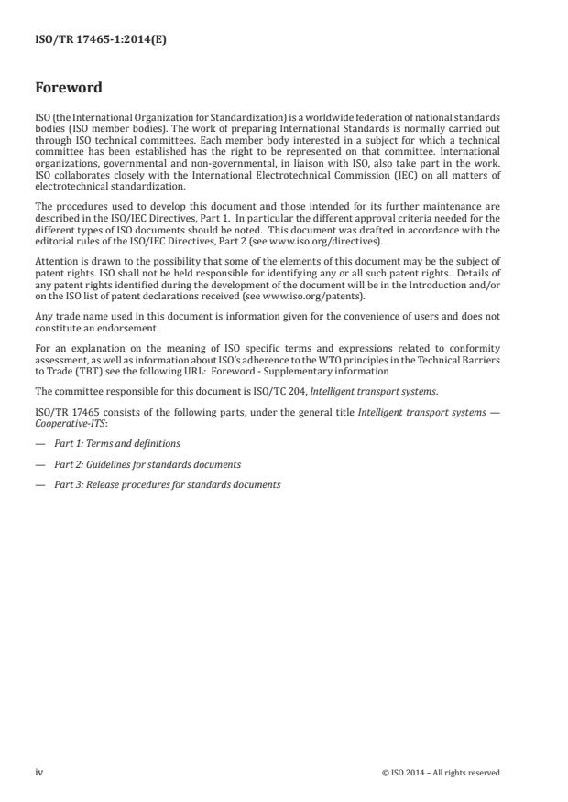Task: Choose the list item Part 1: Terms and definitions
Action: pyautogui.click(x=116, y=444)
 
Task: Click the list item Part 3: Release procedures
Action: pyautogui.click(x=167, y=484)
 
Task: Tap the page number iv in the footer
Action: pyautogui.click(x=39, y=772)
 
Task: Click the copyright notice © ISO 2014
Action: pyautogui.click(x=441, y=773)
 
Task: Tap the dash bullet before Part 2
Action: pyautogui.click(x=39, y=464)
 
